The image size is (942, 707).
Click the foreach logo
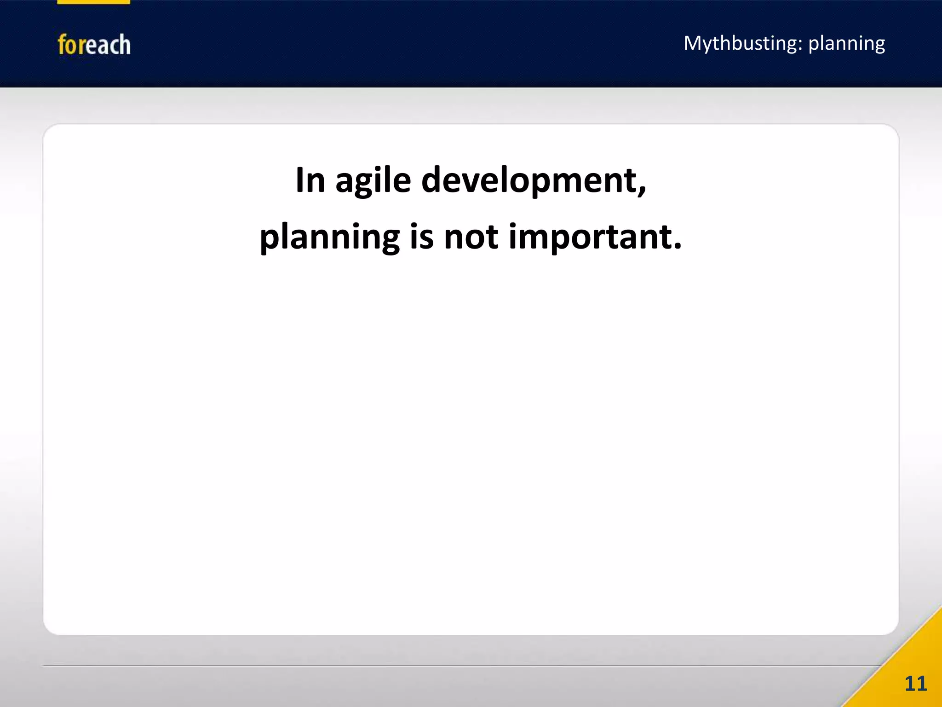point(94,45)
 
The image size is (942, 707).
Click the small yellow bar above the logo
point(93,2)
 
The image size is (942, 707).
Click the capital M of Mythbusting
point(692,43)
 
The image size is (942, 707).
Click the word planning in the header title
point(846,44)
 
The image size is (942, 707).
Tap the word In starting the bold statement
point(310,180)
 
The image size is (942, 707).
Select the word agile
point(373,180)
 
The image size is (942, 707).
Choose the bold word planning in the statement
point(329,237)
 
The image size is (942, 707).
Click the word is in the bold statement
point(422,236)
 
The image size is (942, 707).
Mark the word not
point(471,236)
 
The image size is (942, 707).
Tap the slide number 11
point(915,684)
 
